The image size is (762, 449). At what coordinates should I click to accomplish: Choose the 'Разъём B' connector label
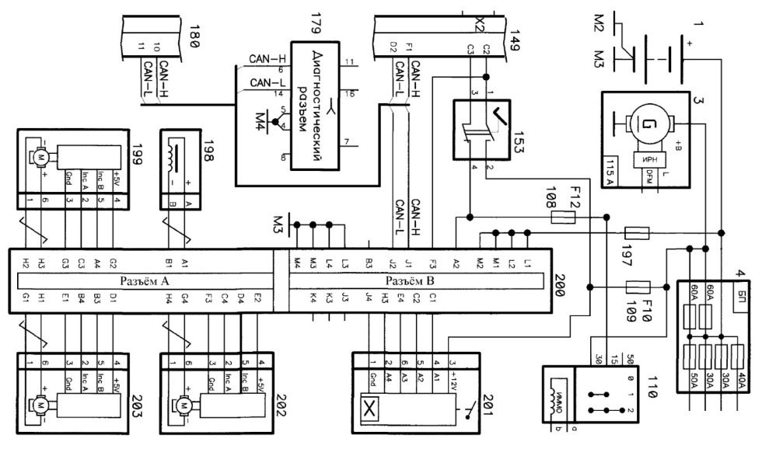tap(422, 281)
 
